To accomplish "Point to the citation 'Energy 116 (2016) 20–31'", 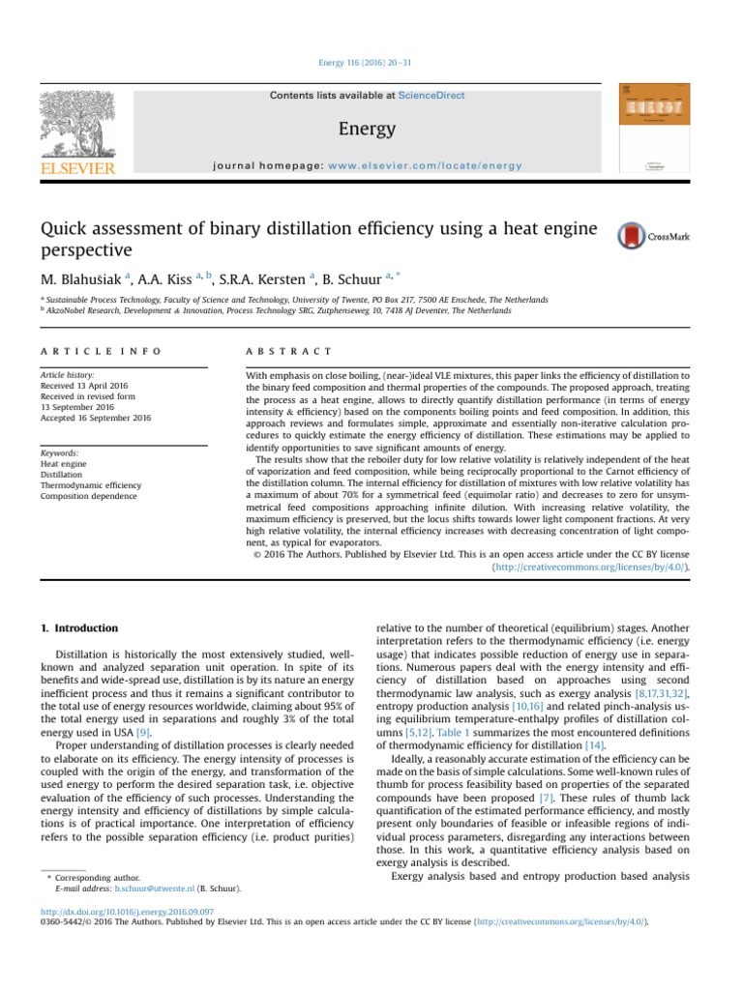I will pos(371,63).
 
